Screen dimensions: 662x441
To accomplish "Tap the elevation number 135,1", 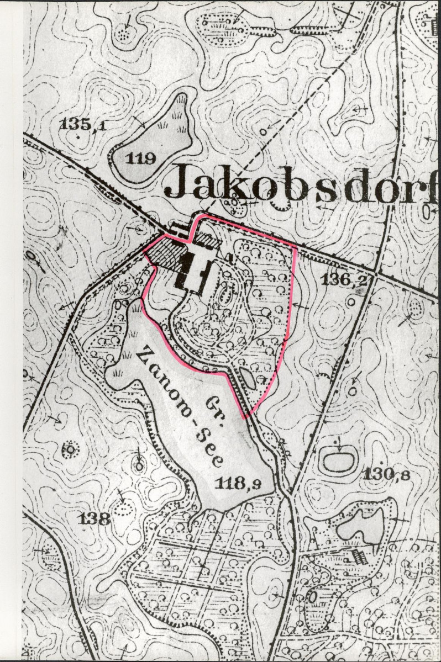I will (x=83, y=124).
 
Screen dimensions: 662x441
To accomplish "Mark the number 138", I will (x=95, y=519).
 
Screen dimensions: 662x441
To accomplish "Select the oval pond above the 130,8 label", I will (x=338, y=460).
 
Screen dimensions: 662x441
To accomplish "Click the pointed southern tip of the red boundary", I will (x=244, y=417).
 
